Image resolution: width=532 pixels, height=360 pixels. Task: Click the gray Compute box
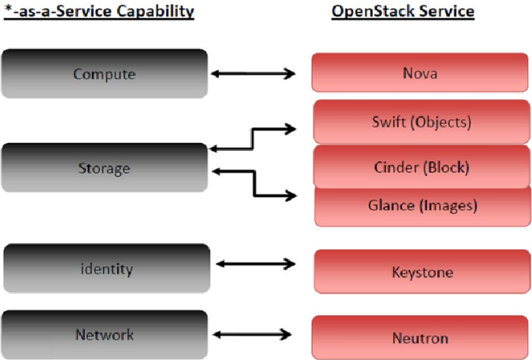[104, 74]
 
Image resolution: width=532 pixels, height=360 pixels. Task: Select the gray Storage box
[104, 168]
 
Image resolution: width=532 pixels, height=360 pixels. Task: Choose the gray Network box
[107, 334]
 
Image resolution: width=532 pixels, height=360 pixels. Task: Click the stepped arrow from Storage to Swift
[253, 137]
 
